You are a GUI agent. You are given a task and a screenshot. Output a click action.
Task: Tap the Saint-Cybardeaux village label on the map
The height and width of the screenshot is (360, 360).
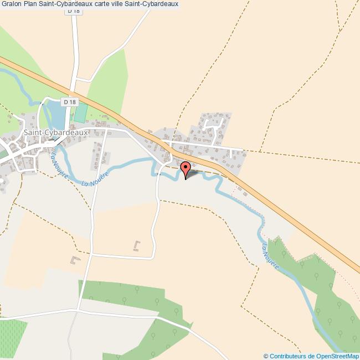[56, 133]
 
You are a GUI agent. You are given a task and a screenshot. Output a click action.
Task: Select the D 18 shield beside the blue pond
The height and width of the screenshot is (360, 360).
[69, 102]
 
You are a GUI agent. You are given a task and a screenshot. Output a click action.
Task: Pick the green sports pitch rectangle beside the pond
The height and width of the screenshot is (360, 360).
[81, 113]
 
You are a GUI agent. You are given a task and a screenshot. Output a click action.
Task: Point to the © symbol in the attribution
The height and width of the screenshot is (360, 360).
[266, 356]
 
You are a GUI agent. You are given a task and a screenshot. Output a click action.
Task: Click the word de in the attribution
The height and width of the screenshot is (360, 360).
[311, 356]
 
